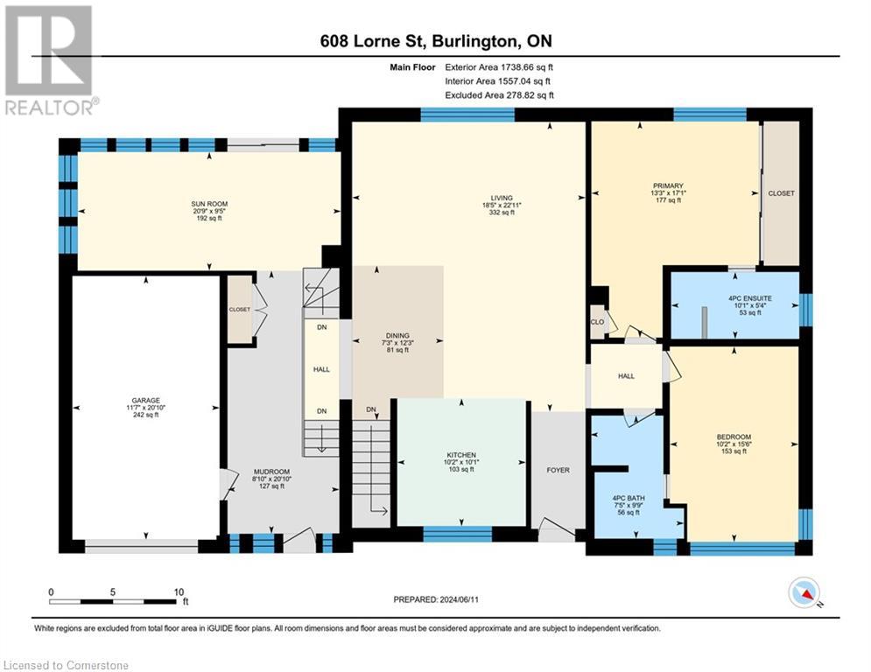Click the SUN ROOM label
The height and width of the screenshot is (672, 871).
point(209,204)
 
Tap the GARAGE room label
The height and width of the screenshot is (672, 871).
point(145,401)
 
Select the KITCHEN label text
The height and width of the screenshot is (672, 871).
point(461,455)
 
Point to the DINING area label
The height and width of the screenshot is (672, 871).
point(397,335)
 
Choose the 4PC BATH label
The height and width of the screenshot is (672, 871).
point(629,498)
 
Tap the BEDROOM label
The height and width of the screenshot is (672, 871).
point(734,437)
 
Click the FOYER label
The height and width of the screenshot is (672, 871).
point(558,470)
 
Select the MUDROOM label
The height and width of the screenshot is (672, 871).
point(271,472)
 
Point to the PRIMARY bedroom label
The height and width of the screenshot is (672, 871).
point(668,185)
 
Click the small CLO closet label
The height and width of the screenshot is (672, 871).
point(597,322)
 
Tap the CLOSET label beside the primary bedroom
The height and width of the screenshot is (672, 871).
point(781,193)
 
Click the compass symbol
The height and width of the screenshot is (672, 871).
point(804,592)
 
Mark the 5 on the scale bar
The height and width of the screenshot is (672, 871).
point(113,592)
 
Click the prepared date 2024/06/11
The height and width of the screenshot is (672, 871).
point(459,599)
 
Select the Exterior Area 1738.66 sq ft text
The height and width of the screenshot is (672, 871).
point(499,67)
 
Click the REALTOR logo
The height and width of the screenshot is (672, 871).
point(51,60)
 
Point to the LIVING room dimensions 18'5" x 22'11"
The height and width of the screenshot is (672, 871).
point(502,205)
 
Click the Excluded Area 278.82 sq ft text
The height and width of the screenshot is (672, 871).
point(499,95)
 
